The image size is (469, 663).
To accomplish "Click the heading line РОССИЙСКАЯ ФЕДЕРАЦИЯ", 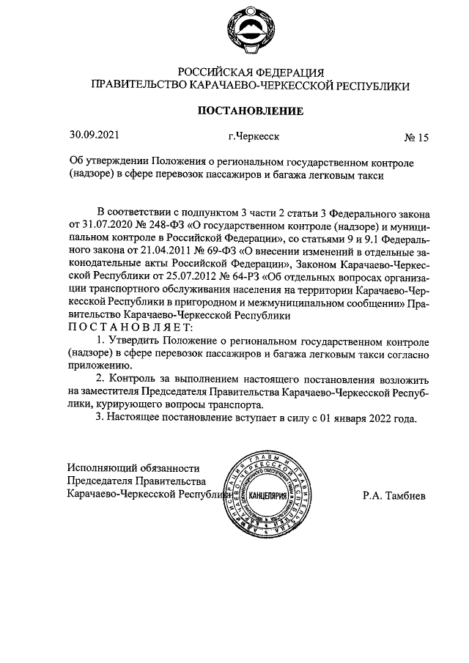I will [250, 72].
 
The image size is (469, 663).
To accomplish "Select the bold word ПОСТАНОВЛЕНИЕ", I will [250, 111].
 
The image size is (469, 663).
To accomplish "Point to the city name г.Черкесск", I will [254, 136].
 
